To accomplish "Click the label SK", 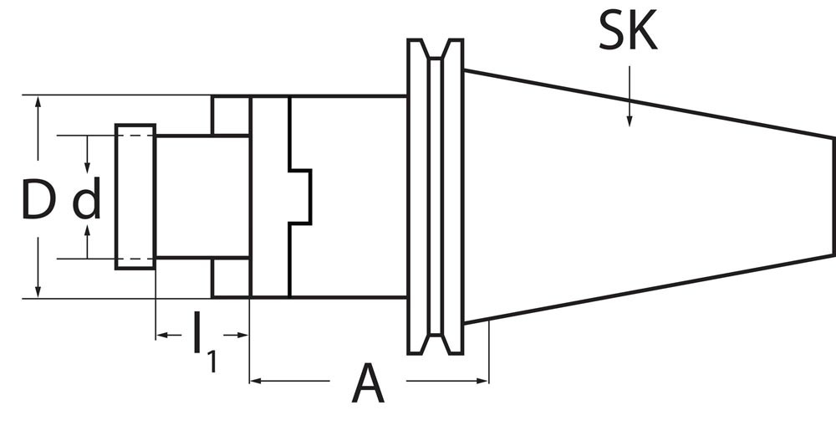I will pyautogui.click(x=627, y=34).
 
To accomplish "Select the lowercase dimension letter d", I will pyautogui.click(x=87, y=202).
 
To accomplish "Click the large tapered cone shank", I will pyautogui.click(x=644, y=197).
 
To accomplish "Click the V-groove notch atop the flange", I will pyautogui.click(x=435, y=50).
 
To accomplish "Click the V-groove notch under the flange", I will pyautogui.click(x=435, y=343).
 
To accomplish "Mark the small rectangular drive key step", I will pyautogui.click(x=300, y=197).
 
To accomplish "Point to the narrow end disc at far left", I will pyautogui.click(x=135, y=197).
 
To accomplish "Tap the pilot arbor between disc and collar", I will pyautogui.click(x=201, y=197).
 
